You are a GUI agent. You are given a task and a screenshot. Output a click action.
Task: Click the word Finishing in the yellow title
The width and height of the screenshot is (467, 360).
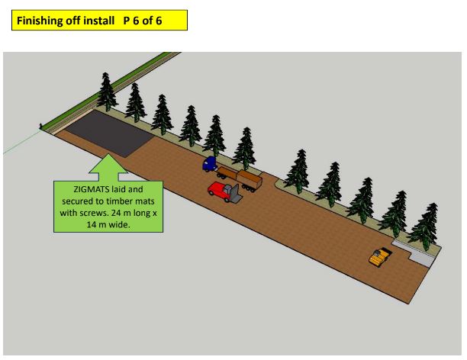[37, 21]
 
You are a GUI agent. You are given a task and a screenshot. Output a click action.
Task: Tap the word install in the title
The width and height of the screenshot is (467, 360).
[98, 21]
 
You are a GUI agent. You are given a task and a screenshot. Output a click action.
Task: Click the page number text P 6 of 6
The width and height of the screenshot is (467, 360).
[143, 21]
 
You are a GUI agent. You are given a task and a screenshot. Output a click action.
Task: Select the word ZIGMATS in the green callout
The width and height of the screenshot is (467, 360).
[91, 189]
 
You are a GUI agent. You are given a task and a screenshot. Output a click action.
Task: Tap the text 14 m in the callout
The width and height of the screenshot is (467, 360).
[96, 224]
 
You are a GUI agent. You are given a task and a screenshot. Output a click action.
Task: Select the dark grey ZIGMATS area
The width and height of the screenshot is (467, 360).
[109, 133]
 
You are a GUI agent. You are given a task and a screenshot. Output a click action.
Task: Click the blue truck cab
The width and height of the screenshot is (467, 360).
[210, 163]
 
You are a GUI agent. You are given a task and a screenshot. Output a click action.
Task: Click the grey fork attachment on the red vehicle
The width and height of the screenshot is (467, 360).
[234, 194]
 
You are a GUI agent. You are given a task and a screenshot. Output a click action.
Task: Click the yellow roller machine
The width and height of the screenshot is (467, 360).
[380, 256]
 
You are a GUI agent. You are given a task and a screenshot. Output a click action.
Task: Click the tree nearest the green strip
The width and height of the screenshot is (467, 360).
[107, 92]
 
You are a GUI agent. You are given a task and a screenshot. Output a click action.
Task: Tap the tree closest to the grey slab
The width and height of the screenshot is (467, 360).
[425, 227]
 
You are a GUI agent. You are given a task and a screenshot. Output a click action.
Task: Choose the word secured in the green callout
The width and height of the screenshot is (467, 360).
[76, 201]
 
